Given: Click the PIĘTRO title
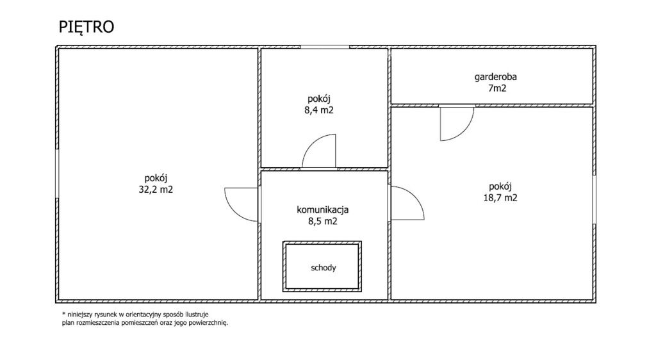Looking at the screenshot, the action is click(x=86, y=27).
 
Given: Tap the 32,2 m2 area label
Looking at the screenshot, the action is click(x=156, y=190).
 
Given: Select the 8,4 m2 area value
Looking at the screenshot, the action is click(x=319, y=110).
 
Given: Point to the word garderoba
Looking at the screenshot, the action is click(x=495, y=78).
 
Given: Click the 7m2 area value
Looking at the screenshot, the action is click(x=496, y=88).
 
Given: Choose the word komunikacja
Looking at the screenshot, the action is click(x=323, y=210).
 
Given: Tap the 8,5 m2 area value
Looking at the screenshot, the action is click(x=323, y=221).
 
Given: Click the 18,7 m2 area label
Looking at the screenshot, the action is click(x=500, y=198).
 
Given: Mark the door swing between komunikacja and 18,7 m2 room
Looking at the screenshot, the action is click(x=414, y=195).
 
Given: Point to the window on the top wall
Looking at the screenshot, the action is click(x=325, y=47).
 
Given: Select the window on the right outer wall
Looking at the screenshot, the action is click(x=594, y=199).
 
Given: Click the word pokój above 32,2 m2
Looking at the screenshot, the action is click(x=156, y=179).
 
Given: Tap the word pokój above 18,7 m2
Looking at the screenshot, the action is click(x=500, y=187).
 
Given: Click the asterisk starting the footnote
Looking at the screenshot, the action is click(x=63, y=314).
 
